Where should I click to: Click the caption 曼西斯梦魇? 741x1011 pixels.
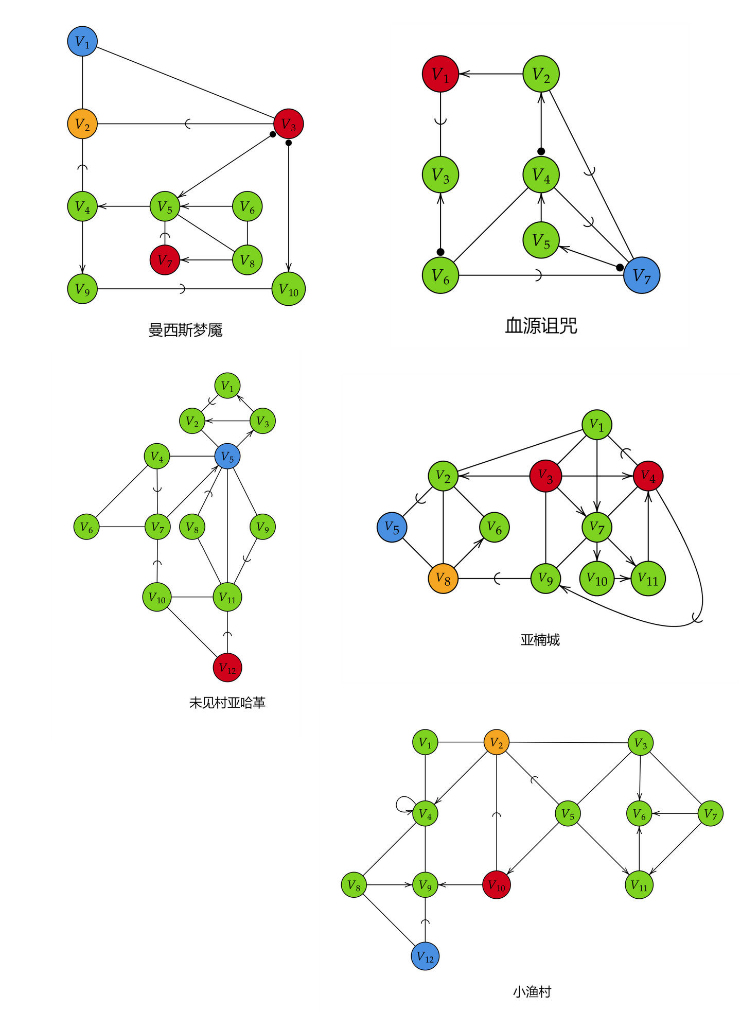[185, 330]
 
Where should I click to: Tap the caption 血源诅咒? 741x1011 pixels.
[541, 326]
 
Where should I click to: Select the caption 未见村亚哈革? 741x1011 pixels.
[227, 703]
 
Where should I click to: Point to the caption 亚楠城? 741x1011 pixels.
[540, 640]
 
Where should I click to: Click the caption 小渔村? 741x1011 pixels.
[532, 992]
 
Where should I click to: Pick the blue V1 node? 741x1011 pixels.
[82, 42]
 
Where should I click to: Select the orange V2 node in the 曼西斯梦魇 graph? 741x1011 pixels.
[82, 124]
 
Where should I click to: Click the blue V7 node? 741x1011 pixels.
[642, 275]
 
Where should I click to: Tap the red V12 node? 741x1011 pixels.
[227, 668]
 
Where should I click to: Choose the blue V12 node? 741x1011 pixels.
[425, 956]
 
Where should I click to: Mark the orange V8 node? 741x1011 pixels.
[443, 579]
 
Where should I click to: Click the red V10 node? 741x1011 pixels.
[497, 885]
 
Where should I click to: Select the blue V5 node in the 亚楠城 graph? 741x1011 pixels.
[392, 528]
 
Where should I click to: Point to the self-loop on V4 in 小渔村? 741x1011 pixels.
[404, 804]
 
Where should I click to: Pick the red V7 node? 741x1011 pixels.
[165, 260]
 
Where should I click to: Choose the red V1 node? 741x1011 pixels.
[440, 74]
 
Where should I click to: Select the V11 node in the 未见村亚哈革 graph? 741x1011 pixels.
[227, 597]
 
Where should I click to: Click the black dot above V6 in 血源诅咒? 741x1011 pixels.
[440, 252]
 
